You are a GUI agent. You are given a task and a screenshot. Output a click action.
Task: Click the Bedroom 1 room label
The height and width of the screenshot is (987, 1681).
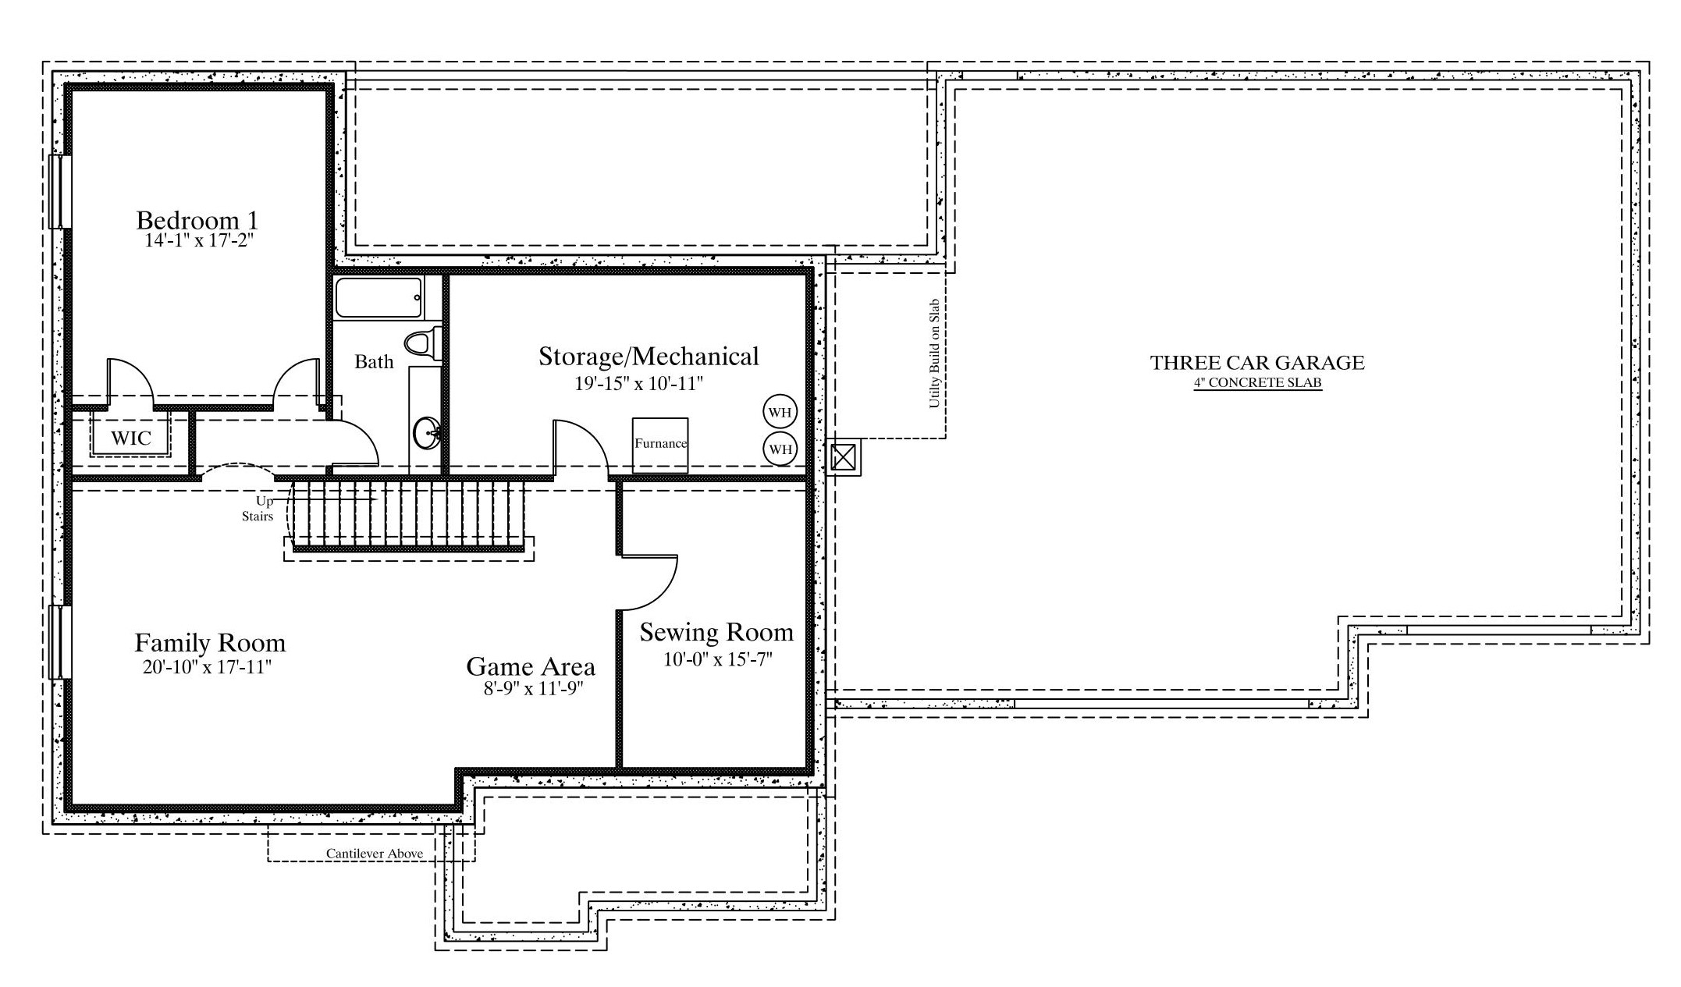pyautogui.click(x=197, y=220)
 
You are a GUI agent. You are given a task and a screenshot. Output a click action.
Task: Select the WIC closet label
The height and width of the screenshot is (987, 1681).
pyautogui.click(x=131, y=438)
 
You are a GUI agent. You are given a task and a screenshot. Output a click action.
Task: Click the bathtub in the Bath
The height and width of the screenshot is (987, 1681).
pyautogui.click(x=379, y=297)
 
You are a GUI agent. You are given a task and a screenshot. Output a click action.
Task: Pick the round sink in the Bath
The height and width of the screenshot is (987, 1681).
pyautogui.click(x=427, y=433)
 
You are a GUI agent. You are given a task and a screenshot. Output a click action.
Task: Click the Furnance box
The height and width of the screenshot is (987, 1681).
pyautogui.click(x=660, y=446)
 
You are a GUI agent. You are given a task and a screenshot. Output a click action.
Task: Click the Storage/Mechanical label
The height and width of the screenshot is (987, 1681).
pyautogui.click(x=649, y=357)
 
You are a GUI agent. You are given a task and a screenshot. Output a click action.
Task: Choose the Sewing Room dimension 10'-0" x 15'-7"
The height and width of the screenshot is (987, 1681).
pyautogui.click(x=718, y=659)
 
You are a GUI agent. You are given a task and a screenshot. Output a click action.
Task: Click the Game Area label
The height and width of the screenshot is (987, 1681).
pyautogui.click(x=531, y=666)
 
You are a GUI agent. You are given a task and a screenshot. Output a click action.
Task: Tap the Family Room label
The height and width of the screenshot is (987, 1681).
pyautogui.click(x=210, y=643)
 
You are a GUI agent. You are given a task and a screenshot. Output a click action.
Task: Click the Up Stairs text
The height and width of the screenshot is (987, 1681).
pyautogui.click(x=258, y=509)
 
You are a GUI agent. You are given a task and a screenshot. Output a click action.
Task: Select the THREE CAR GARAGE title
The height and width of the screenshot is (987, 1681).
pyautogui.click(x=1257, y=363)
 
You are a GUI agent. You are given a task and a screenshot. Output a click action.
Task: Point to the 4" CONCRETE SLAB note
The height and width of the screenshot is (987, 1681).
pyautogui.click(x=1257, y=383)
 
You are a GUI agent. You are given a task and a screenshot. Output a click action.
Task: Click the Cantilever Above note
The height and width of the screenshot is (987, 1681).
pyautogui.click(x=375, y=854)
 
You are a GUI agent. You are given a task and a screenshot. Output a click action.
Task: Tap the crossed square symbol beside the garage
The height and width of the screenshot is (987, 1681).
pyautogui.click(x=843, y=457)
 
